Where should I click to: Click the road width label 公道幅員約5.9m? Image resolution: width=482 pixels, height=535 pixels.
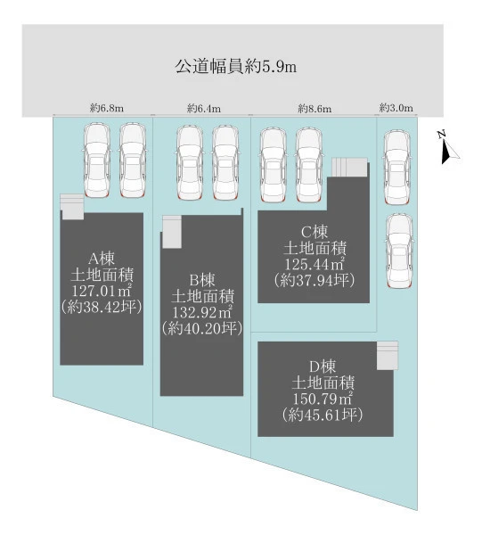coord(235,67)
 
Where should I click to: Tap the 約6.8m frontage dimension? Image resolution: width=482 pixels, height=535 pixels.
coord(107,109)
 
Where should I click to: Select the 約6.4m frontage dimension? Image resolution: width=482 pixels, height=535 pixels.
coord(204,109)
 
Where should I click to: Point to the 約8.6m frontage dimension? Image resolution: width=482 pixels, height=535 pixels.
coord(315,109)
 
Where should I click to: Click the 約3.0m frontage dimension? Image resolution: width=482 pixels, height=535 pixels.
coord(396,108)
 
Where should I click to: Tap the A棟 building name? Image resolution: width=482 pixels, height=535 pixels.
coord(102,259)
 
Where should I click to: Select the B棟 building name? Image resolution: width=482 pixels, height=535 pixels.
coord(202,280)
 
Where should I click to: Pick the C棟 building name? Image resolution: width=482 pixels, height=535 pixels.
coord(315,233)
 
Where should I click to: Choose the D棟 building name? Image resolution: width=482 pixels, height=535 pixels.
coord(323,366)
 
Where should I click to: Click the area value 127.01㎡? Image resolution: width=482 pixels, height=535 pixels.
coord(102,291)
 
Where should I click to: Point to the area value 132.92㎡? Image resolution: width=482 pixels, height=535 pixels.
coord(202,312)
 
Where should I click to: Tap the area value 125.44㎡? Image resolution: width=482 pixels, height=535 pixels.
coord(315,264)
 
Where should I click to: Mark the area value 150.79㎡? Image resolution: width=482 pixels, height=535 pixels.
coord(323,399)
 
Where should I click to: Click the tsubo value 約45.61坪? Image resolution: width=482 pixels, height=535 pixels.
coord(323,415)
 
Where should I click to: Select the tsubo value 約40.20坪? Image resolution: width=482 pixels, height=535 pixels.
coord(202,328)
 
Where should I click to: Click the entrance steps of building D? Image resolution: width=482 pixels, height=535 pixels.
coord(388,355)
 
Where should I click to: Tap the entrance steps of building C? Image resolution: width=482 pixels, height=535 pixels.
coord(349,168)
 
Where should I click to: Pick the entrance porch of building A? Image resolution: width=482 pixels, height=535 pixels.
coord(72,207)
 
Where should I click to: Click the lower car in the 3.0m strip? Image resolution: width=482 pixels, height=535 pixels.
coord(399,251)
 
